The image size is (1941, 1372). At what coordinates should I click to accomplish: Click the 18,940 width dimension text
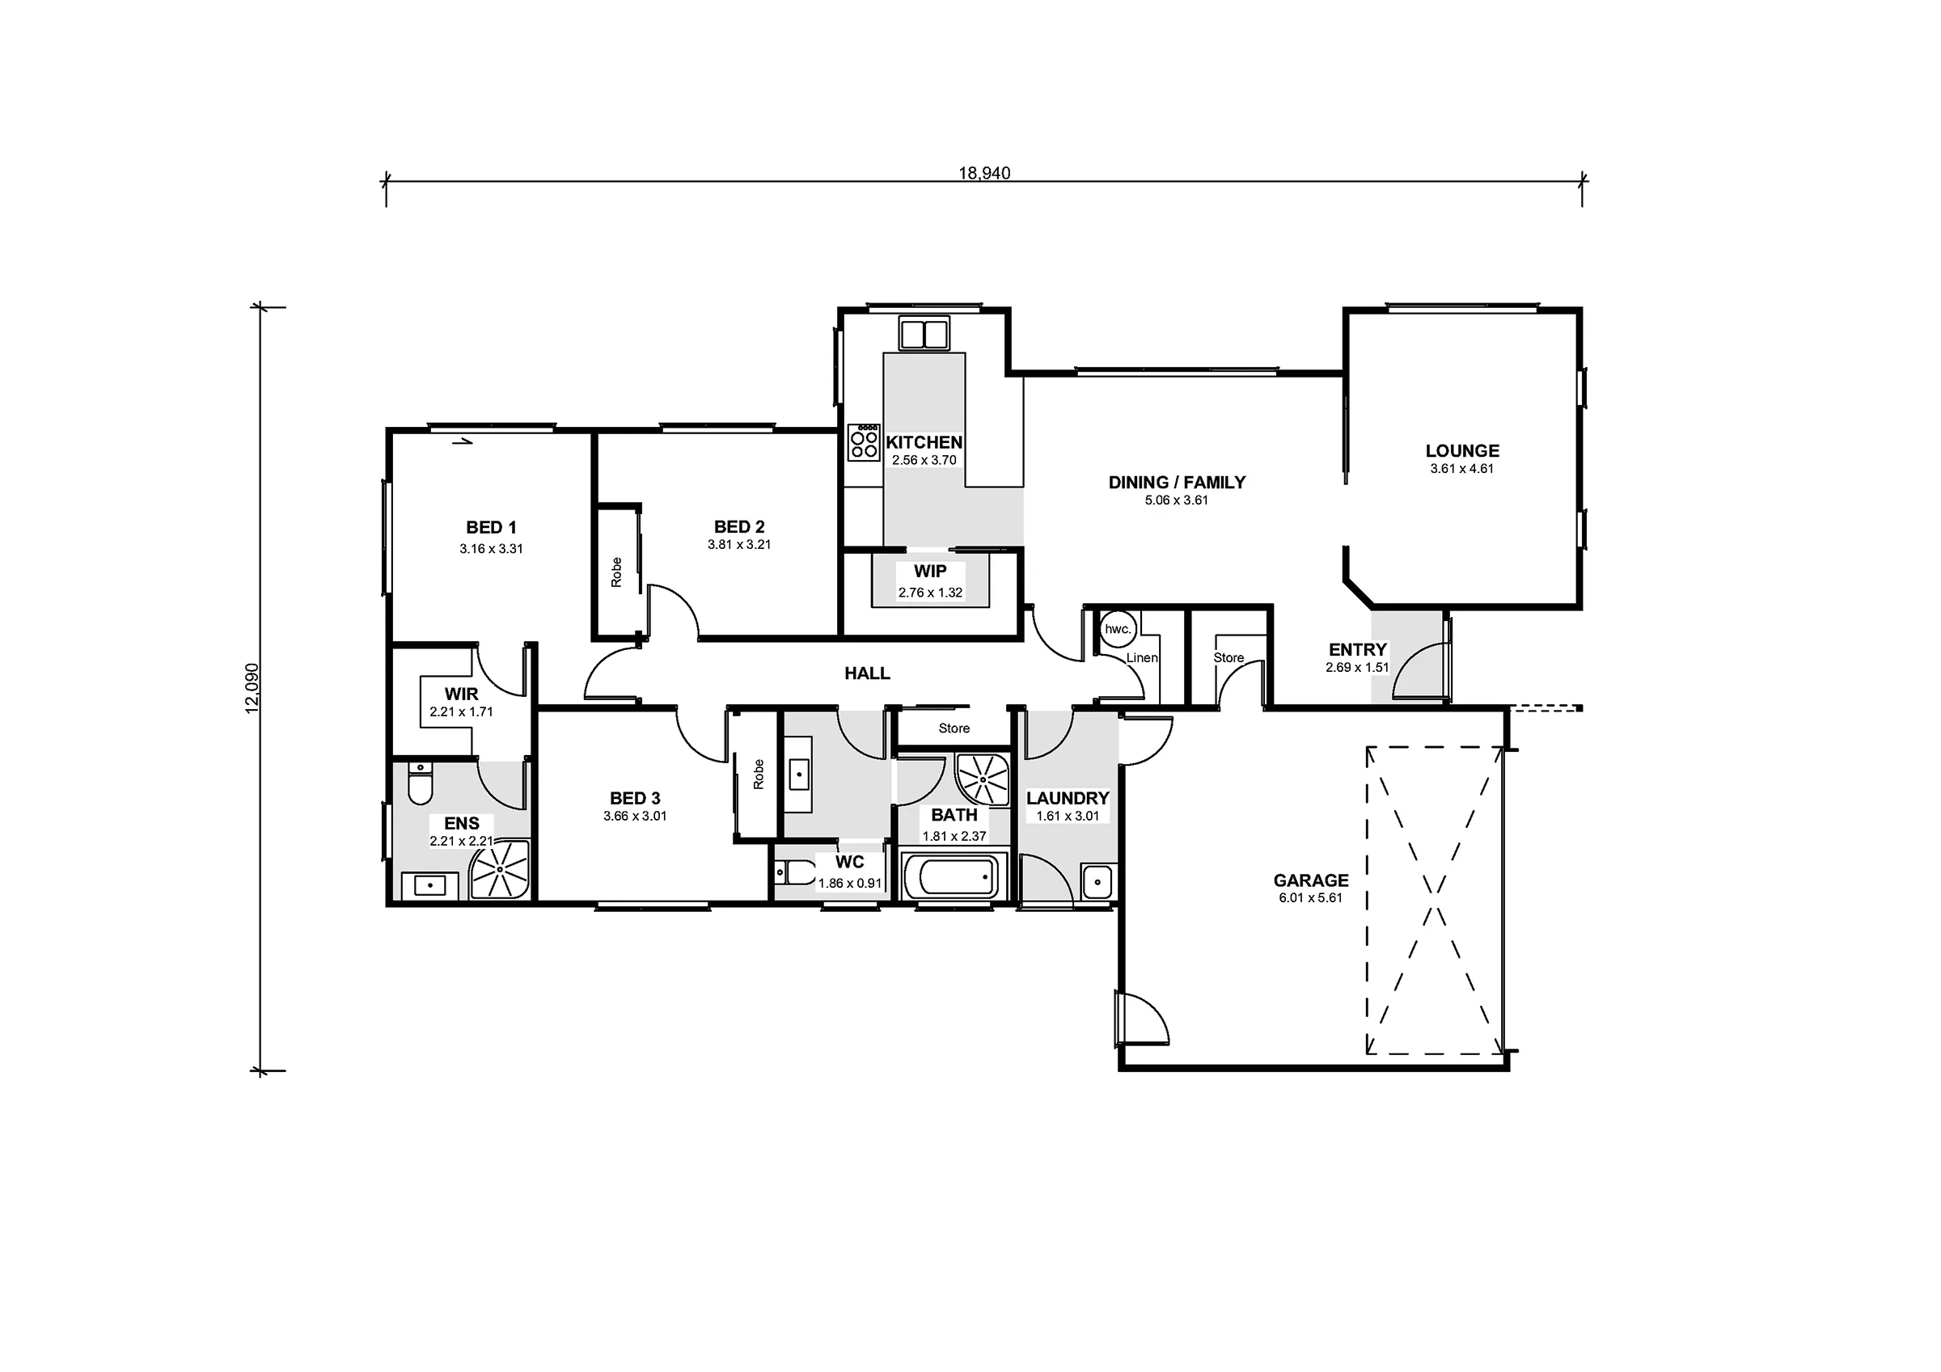pyautogui.click(x=984, y=172)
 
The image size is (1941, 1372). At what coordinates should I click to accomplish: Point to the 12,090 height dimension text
pyautogui.click(x=252, y=688)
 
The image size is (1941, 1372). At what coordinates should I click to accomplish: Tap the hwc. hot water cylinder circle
pyautogui.click(x=1118, y=629)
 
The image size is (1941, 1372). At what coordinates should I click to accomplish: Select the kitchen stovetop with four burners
pyautogui.click(x=864, y=442)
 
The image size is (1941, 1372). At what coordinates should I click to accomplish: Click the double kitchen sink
pyautogui.click(x=924, y=333)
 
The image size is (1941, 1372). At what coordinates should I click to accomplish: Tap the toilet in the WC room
pyautogui.click(x=792, y=872)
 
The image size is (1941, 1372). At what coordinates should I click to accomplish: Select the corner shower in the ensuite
pyautogui.click(x=501, y=869)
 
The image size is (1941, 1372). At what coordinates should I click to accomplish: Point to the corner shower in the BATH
pyautogui.click(x=983, y=779)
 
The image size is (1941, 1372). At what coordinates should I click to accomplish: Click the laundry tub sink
pyautogui.click(x=1097, y=883)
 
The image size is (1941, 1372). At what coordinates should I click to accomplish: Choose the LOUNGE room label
pyautogui.click(x=1461, y=451)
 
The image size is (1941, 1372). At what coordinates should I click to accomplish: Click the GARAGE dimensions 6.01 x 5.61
pyautogui.click(x=1310, y=897)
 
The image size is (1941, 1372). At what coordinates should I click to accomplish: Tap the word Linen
pyautogui.click(x=1142, y=657)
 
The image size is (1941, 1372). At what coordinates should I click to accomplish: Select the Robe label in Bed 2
pyautogui.click(x=616, y=572)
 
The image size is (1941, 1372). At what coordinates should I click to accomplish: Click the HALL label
pyautogui.click(x=867, y=673)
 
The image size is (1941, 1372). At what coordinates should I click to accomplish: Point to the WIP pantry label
pyautogui.click(x=930, y=572)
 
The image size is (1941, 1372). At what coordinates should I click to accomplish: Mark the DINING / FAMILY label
pyautogui.click(x=1177, y=483)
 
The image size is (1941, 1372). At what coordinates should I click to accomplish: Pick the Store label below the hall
pyautogui.click(x=954, y=728)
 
